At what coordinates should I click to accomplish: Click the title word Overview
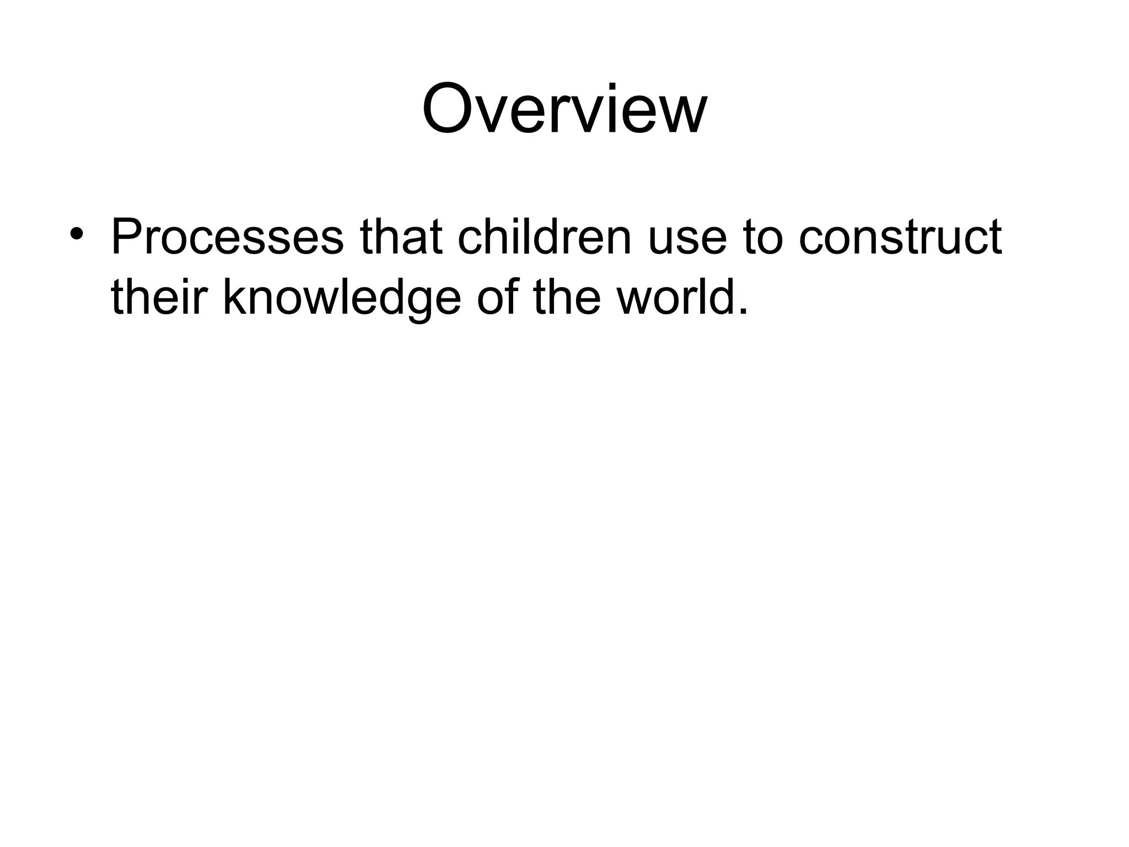[564, 108]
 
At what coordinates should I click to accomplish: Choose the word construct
[900, 238]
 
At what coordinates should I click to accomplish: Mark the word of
[497, 298]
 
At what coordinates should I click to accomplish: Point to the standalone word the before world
[567, 298]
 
